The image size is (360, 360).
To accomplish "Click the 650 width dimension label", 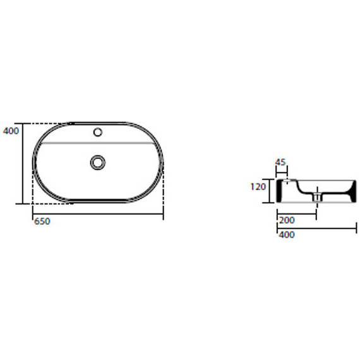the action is coord(42,222).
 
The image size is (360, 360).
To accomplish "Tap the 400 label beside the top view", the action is coord(11,131).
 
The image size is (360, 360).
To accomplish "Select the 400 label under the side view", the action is coord(287,235).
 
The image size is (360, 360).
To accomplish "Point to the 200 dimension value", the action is coord(287,220).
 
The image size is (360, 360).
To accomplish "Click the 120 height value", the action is coord(258,187).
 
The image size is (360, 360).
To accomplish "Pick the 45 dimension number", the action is coord(280,162).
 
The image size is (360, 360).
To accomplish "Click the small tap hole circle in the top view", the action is coord(98,132).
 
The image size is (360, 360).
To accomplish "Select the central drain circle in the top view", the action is coord(98,162).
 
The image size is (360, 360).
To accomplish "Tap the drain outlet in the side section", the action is coord(317,197).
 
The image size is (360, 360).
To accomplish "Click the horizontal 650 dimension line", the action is coord(98,213).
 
